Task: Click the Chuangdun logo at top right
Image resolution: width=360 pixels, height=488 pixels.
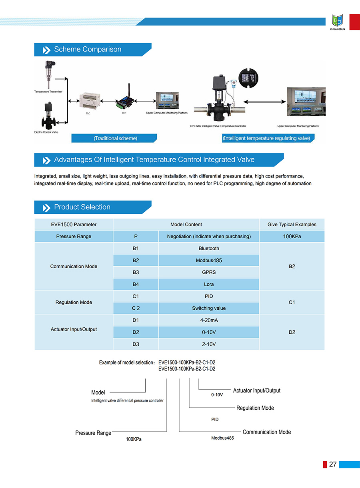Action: coord(338,22)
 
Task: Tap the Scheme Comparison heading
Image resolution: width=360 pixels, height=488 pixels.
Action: coord(88,50)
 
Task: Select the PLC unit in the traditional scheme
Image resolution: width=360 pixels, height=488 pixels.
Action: coord(88,101)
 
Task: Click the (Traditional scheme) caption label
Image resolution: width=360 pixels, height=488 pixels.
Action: coord(115,138)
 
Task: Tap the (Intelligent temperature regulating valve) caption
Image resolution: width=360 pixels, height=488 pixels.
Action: coord(266,138)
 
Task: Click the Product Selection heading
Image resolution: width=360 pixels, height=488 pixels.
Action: coord(82,207)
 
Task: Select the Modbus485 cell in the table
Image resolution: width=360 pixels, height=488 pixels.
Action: coord(209,261)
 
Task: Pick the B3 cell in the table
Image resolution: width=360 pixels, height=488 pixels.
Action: coord(136,272)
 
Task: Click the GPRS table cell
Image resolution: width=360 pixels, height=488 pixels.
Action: coord(209,272)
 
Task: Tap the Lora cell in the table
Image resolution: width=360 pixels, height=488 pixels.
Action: coord(209,284)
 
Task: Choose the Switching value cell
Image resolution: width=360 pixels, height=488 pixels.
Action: coord(209,308)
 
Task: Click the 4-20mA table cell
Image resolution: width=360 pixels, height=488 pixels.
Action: coord(209,320)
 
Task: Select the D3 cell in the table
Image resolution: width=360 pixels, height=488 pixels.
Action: coord(136,344)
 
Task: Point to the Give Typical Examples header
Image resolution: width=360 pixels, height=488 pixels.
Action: coord(292,225)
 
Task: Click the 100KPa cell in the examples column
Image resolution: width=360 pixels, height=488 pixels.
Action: coord(292,237)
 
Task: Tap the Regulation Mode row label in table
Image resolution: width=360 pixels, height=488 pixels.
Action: coord(74,302)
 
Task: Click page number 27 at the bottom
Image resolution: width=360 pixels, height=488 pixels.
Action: coord(333,464)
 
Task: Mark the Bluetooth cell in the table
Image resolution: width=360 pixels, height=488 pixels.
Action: coord(209,249)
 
